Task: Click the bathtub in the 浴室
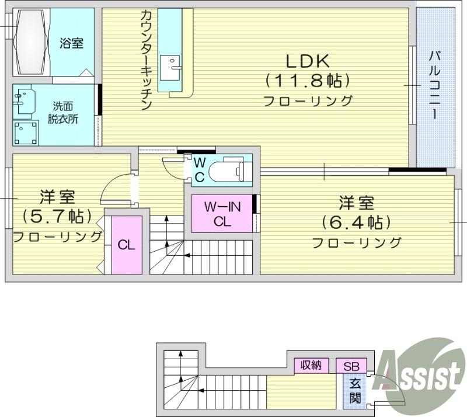tap(31, 41)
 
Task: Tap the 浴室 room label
tap(71, 44)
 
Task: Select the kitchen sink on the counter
tap(170, 68)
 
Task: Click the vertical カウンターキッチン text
tap(146, 60)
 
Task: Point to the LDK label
tap(308, 61)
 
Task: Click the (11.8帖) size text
tap(308, 81)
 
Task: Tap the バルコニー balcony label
tap(435, 85)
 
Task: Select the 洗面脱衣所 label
tap(63, 113)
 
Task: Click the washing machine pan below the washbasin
tap(26, 133)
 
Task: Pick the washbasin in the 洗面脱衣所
tap(25, 100)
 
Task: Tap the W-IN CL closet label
tap(222, 214)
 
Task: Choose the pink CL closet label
tap(127, 245)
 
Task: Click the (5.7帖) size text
tap(57, 217)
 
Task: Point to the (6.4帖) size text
tap(356, 222)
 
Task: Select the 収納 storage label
tap(311, 365)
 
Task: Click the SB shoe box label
tap(351, 366)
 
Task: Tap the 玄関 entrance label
tap(355, 391)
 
